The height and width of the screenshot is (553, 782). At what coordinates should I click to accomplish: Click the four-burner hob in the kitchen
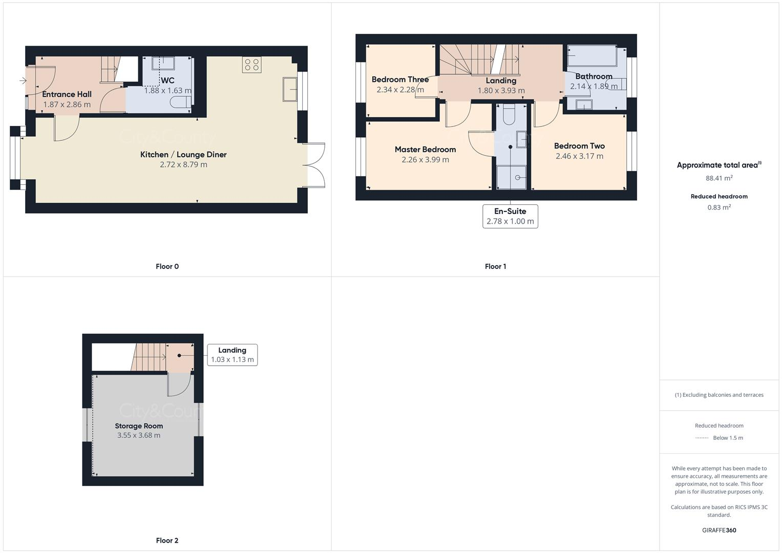[252, 65]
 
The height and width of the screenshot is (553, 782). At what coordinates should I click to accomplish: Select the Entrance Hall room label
[67, 94]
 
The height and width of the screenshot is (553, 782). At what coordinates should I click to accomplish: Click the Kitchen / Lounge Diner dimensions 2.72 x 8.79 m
[183, 164]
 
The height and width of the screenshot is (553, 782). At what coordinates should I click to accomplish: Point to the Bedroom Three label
[400, 79]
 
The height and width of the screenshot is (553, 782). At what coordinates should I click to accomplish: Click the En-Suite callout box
[510, 216]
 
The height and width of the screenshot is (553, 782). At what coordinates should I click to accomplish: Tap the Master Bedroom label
[425, 150]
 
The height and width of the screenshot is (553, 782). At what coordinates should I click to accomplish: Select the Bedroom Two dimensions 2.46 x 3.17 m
[579, 156]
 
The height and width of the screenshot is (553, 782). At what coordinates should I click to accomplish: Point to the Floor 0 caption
[167, 266]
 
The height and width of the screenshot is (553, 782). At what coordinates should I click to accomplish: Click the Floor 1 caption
[495, 266]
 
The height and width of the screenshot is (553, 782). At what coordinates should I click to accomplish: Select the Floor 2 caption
[167, 540]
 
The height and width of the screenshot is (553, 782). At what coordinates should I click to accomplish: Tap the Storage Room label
[139, 426]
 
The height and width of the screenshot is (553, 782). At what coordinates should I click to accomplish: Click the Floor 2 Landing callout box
[232, 355]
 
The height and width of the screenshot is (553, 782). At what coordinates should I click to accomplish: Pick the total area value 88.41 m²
[719, 178]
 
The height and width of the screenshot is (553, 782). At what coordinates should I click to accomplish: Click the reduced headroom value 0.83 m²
[719, 207]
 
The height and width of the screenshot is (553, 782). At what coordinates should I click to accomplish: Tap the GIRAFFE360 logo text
[719, 530]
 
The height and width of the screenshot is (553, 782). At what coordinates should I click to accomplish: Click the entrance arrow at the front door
[23, 80]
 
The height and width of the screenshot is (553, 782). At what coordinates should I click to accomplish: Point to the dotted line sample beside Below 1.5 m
[702, 438]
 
